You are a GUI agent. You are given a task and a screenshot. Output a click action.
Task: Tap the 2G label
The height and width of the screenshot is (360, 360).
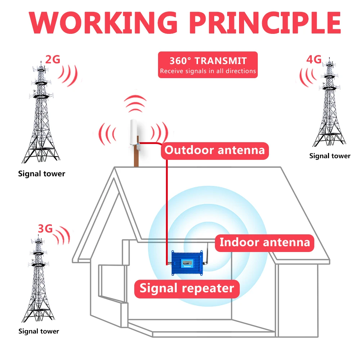click(53, 60)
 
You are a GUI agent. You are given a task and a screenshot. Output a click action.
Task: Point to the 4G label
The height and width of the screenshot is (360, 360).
click(314, 60)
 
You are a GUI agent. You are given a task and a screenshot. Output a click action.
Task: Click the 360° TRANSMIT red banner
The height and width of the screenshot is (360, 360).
click(208, 65)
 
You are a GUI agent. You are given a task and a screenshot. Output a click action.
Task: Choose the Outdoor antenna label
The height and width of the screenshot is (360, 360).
click(215, 150)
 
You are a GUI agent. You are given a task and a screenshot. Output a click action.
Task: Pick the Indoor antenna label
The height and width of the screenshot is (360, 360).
click(265, 242)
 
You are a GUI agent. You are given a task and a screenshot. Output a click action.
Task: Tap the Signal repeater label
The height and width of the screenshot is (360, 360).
click(187, 288)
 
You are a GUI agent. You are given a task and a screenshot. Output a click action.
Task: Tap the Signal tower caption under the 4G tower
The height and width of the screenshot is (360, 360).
click(329, 156)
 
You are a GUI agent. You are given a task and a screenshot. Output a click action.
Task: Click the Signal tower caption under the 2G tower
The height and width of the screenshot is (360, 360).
click(42, 174)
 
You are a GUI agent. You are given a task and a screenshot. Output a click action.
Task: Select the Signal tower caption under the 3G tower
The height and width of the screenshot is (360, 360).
click(39, 331)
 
